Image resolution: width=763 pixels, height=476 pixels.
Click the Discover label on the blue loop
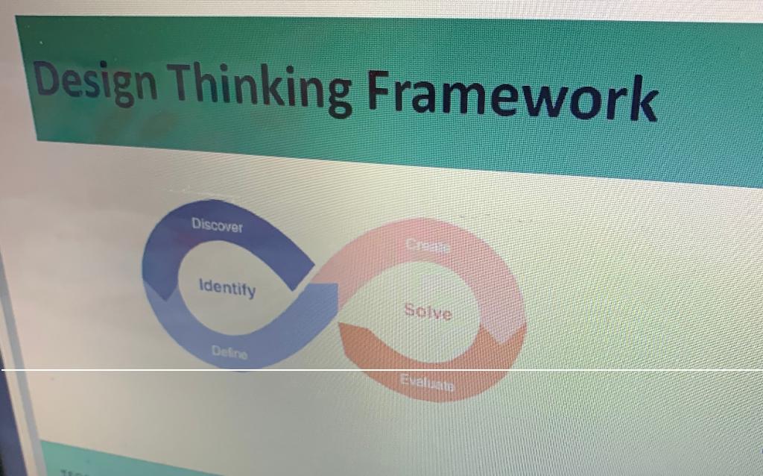pyautogui.click(x=217, y=225)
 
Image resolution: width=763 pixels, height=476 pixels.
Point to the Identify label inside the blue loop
pyautogui.click(x=227, y=288)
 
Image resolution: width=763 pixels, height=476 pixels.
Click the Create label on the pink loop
pyautogui.click(x=428, y=245)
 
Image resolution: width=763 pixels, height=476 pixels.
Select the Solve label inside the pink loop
pyautogui.click(x=428, y=311)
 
